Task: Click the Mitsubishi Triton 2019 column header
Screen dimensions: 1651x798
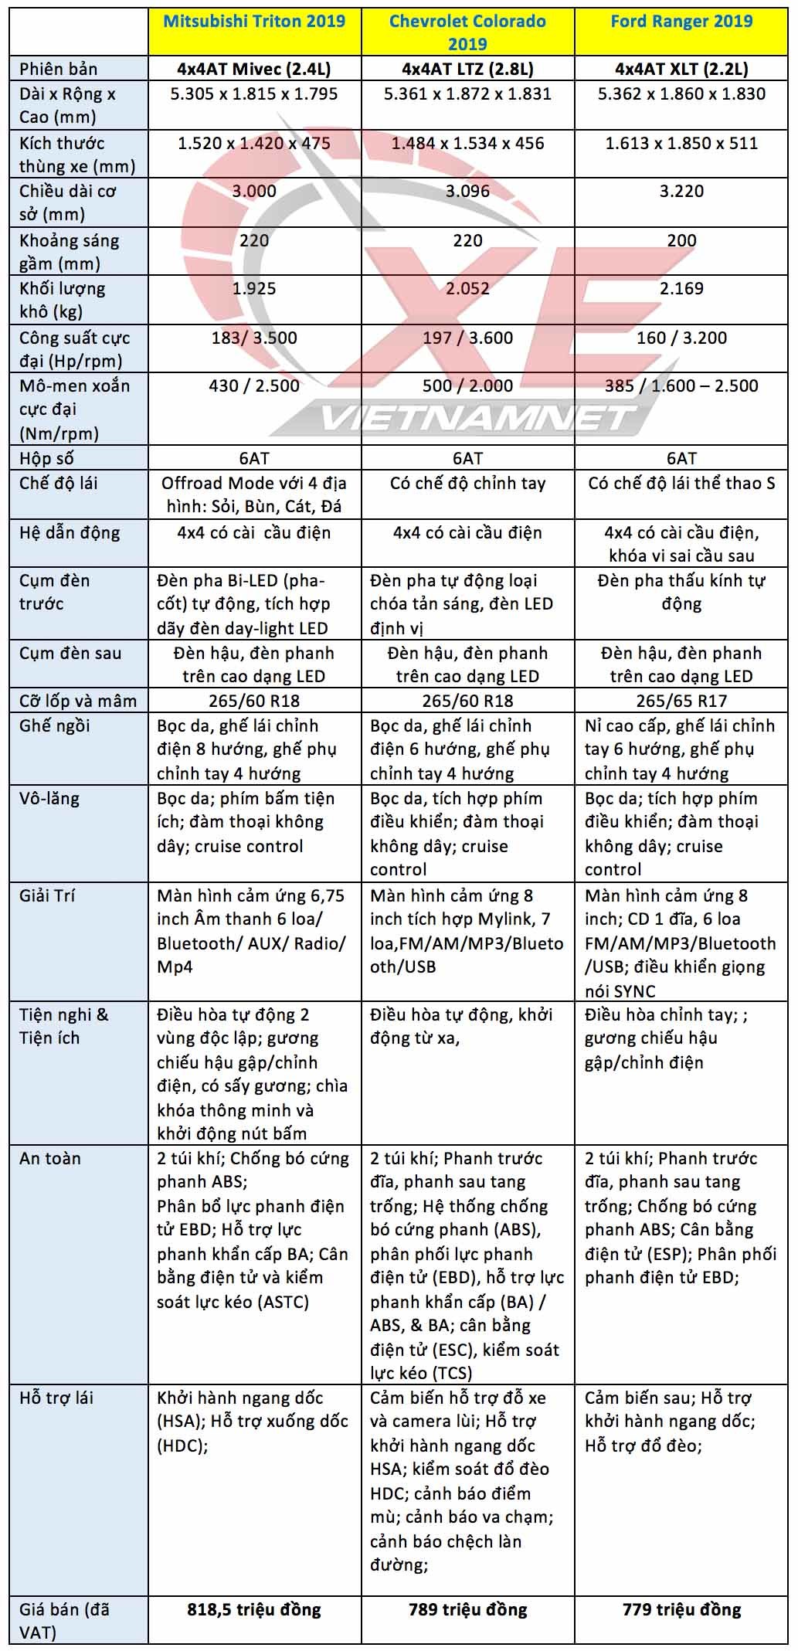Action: click(254, 21)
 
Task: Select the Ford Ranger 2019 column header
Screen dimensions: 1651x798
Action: click(681, 21)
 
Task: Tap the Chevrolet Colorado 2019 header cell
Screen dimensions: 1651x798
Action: click(467, 32)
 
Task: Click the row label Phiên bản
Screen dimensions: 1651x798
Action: click(59, 69)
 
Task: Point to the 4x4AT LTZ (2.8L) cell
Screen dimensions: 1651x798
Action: click(467, 69)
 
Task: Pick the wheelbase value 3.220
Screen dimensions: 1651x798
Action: click(681, 191)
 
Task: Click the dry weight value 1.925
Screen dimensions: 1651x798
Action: click(254, 288)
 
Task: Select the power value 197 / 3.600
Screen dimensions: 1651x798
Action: click(467, 338)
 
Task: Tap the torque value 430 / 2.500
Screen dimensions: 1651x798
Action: click(254, 386)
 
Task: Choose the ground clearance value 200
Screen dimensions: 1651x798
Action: click(681, 240)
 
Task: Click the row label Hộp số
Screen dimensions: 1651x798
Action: click(46, 458)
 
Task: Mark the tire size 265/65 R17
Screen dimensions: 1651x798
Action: click(681, 701)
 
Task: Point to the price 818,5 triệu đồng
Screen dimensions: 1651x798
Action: click(254, 1609)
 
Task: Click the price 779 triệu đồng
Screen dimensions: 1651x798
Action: click(681, 1609)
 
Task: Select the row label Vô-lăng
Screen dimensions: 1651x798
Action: click(49, 798)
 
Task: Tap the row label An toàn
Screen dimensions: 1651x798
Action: click(50, 1158)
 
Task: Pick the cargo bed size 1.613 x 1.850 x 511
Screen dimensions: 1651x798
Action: click(681, 143)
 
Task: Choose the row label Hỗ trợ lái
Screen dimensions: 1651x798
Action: click(56, 1398)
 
